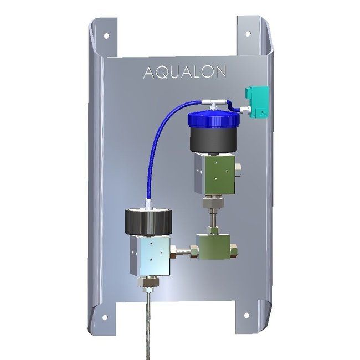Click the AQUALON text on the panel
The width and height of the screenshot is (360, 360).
pos(176,73)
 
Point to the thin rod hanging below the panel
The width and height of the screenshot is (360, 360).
pos(150,327)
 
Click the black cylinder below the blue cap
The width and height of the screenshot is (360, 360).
pos(213,140)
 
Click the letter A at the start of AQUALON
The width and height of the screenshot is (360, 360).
pos(148,73)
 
